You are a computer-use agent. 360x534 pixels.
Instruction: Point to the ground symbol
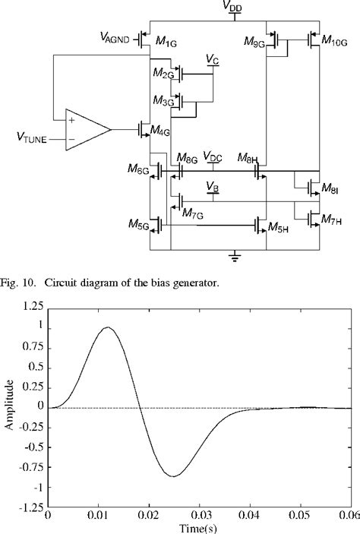[235, 258]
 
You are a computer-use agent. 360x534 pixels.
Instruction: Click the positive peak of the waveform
[108, 327]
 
